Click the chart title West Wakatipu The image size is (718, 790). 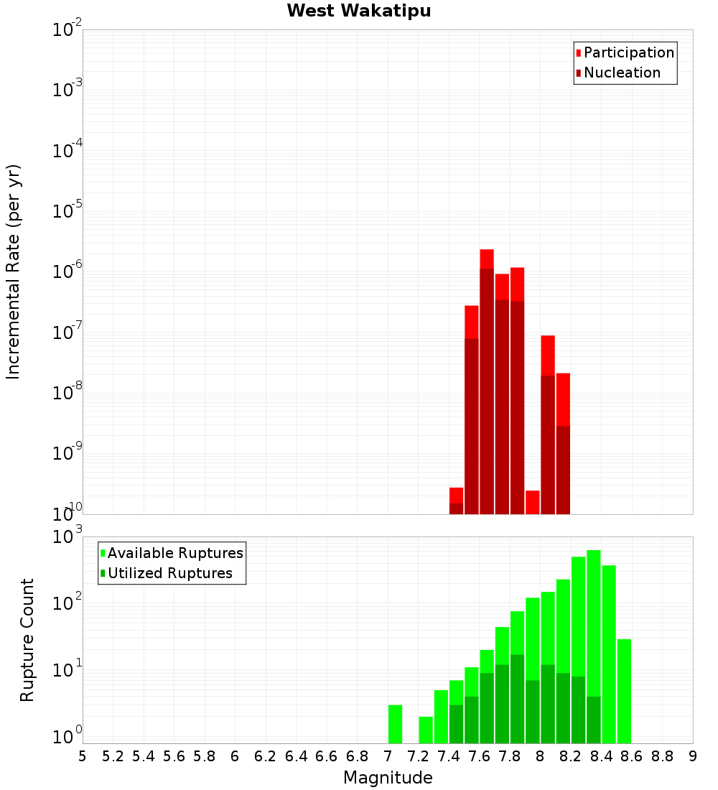359,11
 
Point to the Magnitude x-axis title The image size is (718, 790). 388,778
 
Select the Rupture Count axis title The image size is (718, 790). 27,640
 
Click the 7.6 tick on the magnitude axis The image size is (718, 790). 480,756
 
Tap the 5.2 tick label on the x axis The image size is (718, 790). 113,756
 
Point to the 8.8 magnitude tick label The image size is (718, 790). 662,756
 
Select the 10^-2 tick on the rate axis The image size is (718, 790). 67,30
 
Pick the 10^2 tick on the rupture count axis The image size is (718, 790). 67,602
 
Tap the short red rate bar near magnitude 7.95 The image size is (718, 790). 533,502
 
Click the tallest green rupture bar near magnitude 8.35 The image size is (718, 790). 594,646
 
